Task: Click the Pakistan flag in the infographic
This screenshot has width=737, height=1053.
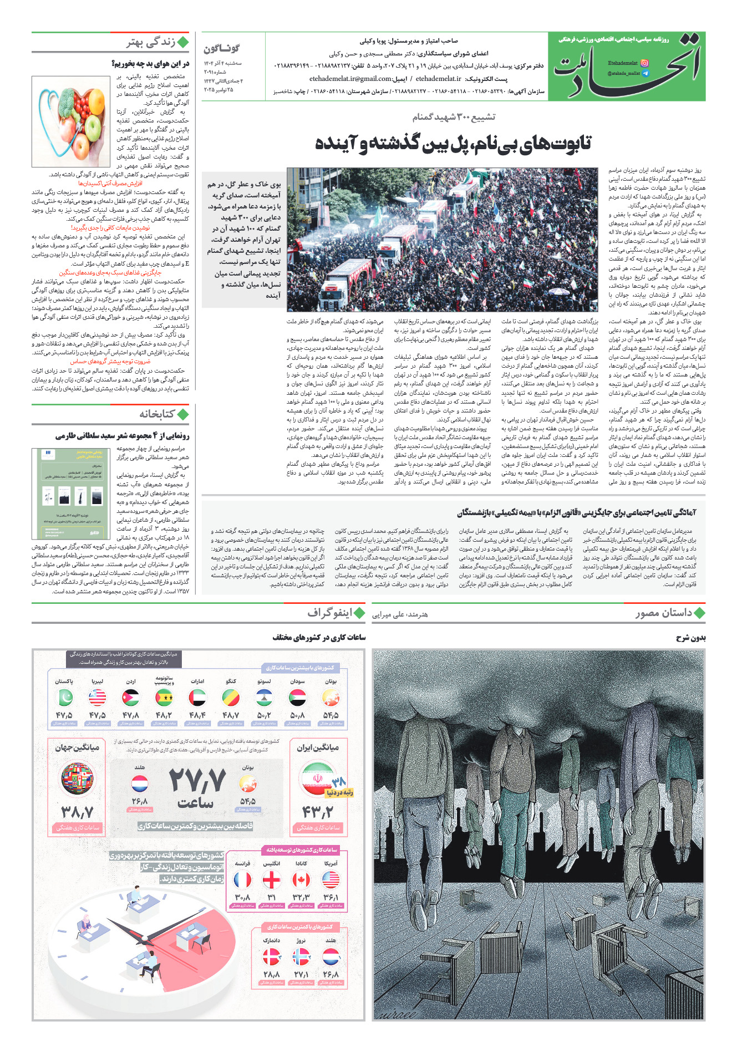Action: coord(65,697)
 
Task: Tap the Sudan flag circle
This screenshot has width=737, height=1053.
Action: coord(298,697)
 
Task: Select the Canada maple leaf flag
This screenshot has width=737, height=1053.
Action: coord(301,879)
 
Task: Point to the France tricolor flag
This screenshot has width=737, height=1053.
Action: coord(242,879)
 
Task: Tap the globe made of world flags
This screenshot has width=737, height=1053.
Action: coord(77,779)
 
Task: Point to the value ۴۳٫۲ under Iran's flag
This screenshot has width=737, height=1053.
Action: coord(318,812)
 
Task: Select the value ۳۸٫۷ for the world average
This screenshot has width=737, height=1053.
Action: coord(77,812)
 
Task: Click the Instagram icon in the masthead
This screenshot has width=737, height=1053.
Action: coord(644,63)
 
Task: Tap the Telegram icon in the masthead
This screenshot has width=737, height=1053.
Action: coord(645,73)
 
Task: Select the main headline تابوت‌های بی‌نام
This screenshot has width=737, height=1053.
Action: coord(453,143)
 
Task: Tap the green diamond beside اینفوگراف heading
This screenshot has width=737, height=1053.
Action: coord(359,613)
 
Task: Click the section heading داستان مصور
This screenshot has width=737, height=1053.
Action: coord(664,613)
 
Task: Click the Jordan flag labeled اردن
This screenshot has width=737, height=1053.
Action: coord(131,697)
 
